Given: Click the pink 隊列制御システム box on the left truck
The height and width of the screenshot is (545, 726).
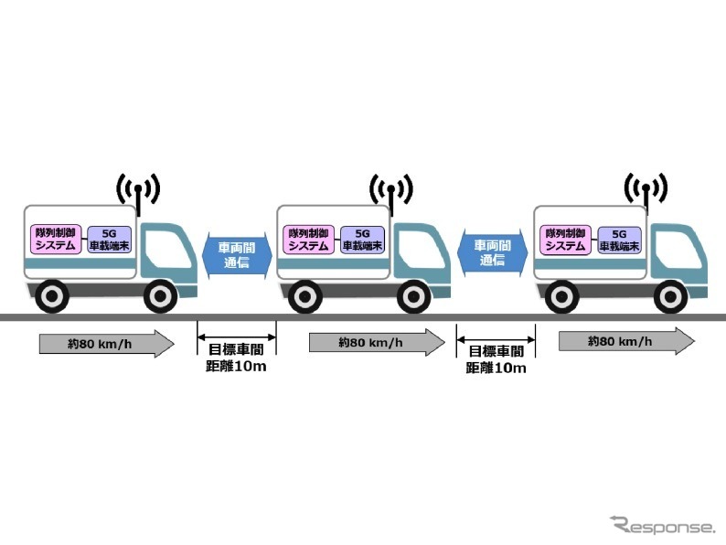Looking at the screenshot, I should click(53, 240).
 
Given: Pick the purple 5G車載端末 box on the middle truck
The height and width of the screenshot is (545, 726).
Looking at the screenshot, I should click(360, 240).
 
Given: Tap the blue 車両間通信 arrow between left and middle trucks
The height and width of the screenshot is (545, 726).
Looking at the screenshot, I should click(236, 252).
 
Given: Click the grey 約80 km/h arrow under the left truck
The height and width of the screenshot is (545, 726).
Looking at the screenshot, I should click(105, 344).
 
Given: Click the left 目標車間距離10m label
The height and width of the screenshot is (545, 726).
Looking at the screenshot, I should click(237, 358).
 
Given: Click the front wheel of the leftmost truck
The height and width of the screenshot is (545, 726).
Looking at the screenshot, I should click(161, 295).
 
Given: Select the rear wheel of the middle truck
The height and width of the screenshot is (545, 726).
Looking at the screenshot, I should click(303, 295).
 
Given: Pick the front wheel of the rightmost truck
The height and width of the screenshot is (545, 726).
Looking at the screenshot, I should click(671, 295).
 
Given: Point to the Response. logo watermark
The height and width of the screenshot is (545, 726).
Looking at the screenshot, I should click(662, 526).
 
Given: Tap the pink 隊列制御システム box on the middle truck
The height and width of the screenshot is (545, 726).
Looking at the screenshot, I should click(308, 240).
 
